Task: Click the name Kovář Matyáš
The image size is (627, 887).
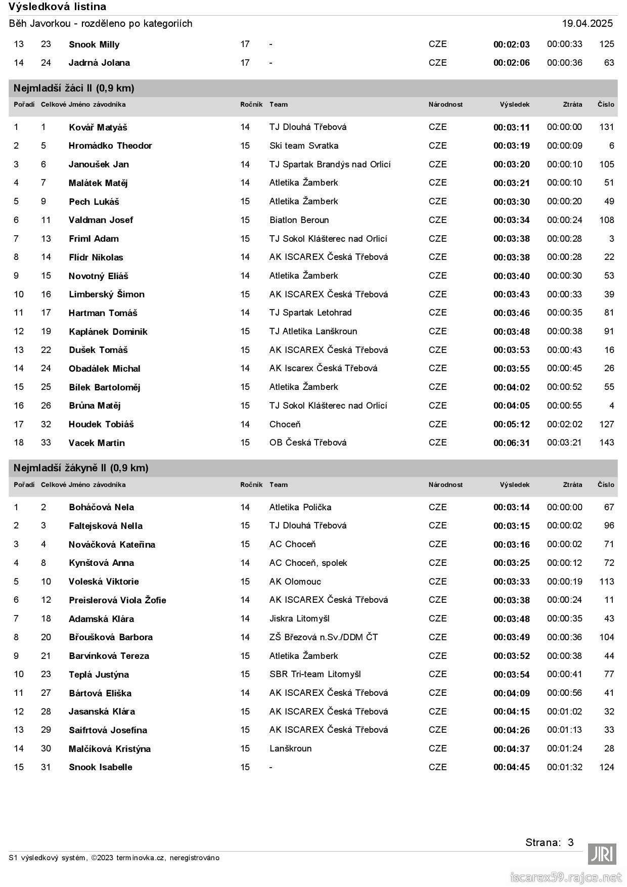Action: (98, 127)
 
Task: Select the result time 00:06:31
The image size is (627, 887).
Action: (511, 443)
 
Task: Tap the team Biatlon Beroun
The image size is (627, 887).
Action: (299, 220)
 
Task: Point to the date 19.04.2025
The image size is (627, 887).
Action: (587, 23)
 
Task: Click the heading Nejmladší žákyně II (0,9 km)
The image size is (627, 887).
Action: (81, 468)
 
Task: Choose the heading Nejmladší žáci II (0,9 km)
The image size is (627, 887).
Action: (74, 88)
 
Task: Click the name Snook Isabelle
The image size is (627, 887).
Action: (100, 767)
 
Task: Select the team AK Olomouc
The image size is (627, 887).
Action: (295, 582)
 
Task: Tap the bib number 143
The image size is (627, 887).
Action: (606, 442)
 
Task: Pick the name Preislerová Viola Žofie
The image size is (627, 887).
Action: (117, 600)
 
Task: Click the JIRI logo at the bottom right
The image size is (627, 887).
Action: (602, 854)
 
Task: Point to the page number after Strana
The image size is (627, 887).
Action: (570, 842)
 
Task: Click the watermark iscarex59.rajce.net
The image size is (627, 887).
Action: (565, 877)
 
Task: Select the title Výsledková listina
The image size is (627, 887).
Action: (57, 7)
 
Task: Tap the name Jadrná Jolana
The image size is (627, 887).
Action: (99, 63)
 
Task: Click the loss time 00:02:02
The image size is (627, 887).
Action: (564, 424)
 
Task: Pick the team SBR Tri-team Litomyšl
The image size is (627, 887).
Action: (315, 674)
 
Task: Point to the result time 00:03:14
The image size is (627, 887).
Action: (511, 507)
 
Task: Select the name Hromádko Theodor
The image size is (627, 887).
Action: (110, 146)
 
